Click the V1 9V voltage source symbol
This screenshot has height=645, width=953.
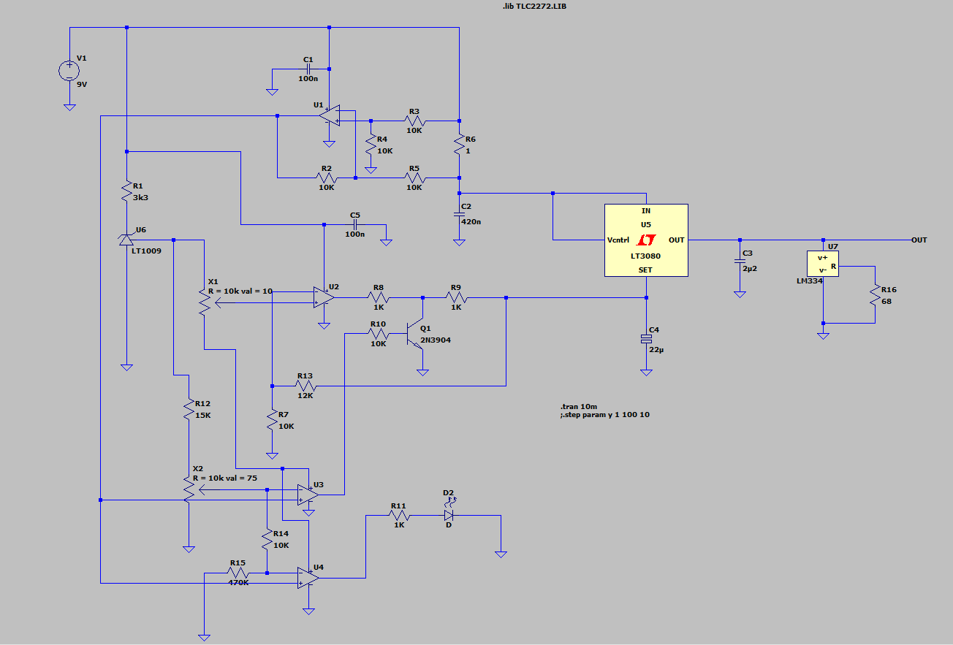69,70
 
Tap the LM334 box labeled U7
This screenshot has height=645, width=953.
823,263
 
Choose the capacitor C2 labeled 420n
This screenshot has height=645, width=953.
459,214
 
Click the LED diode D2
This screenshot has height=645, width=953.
449,515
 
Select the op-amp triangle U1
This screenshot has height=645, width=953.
331,115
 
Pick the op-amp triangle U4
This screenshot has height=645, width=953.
308,578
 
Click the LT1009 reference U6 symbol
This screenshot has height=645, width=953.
126,239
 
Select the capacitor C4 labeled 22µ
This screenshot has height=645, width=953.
646,338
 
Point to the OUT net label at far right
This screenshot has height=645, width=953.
919,240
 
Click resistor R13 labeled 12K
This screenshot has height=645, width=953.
305,385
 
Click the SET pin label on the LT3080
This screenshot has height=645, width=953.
646,270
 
